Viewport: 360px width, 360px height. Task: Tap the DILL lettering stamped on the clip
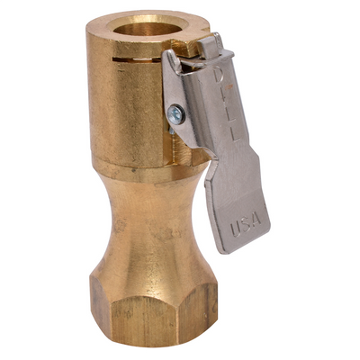222,99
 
